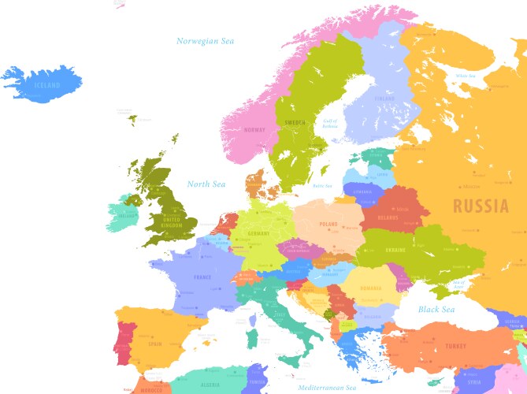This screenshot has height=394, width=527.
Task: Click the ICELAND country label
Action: click(x=46, y=84)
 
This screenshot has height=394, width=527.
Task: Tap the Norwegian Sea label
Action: click(x=206, y=41)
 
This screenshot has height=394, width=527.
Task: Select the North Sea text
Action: click(x=206, y=184)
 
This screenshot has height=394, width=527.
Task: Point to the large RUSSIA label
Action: click(x=481, y=207)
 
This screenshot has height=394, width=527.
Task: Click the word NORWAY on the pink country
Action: click(x=254, y=130)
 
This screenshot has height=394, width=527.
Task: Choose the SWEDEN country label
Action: click(x=295, y=123)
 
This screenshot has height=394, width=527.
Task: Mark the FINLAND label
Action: click(x=384, y=98)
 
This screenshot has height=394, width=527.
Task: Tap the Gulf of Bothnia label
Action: click(x=330, y=124)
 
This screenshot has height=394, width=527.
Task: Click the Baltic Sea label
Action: click(x=323, y=186)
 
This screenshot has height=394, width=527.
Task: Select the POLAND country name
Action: click(x=328, y=224)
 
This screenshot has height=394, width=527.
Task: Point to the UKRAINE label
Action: click(x=395, y=250)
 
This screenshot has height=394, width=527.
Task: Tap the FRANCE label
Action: click(x=202, y=277)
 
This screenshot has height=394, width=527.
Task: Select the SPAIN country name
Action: click(x=154, y=344)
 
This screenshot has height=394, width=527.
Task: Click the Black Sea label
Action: click(x=436, y=310)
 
